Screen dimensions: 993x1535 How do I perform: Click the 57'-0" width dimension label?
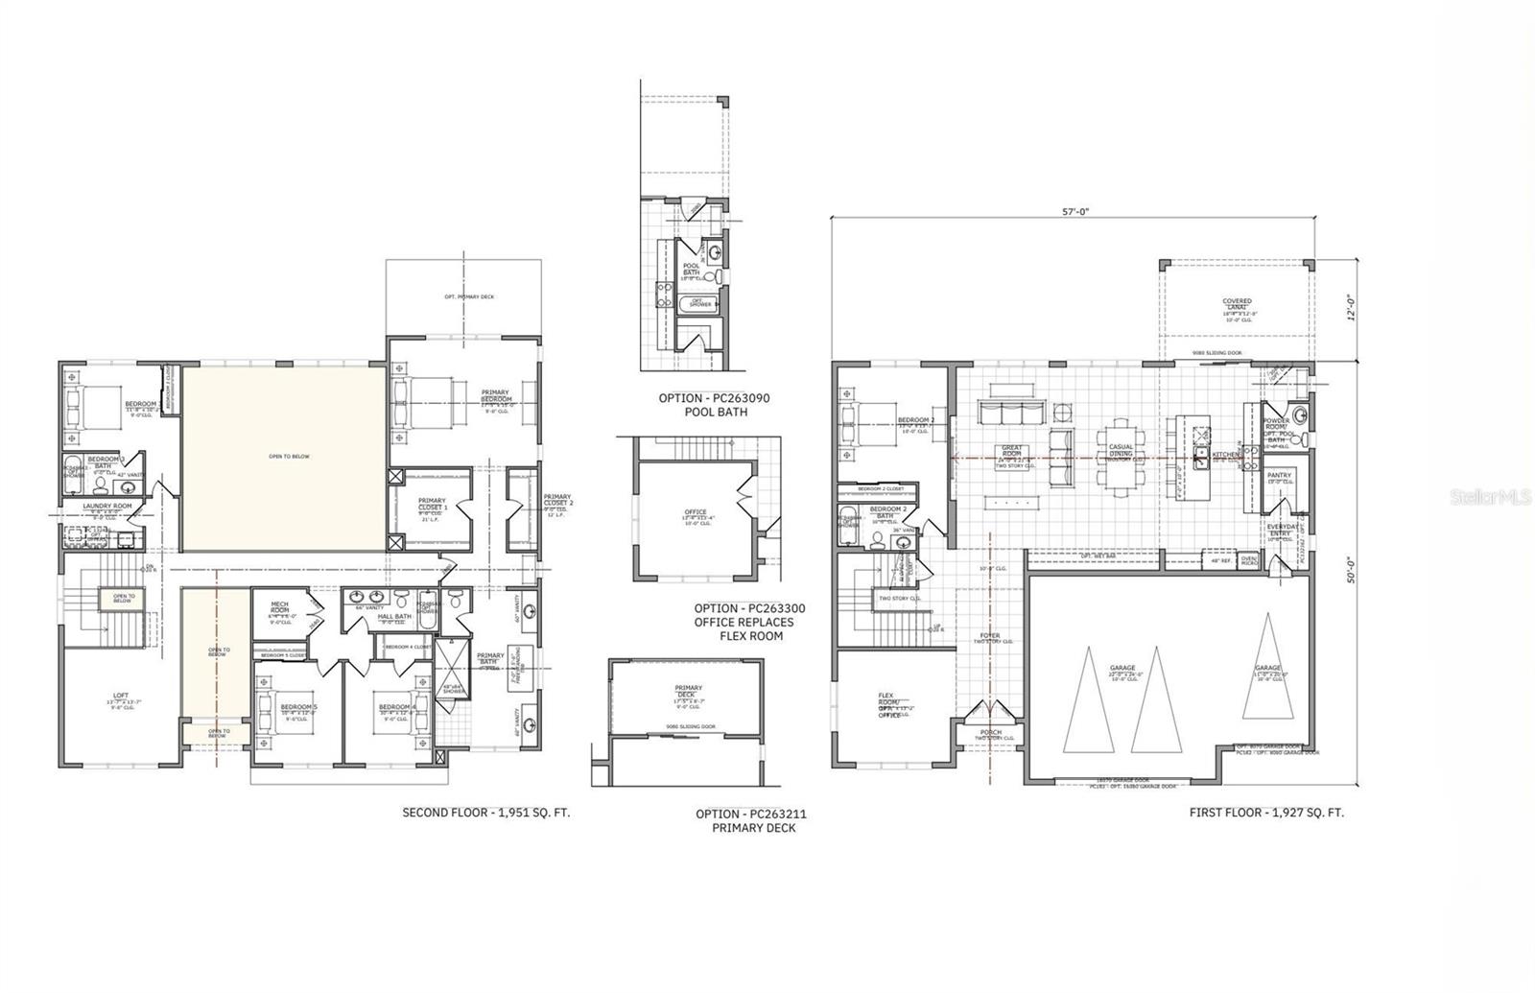pos(1075,212)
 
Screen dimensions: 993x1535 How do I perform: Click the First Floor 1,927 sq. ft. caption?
pos(1266,812)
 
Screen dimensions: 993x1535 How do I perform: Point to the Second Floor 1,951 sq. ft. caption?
pos(485,812)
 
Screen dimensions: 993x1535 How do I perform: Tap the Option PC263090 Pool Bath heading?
pos(714,405)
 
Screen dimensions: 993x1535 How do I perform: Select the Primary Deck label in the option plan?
pos(688,692)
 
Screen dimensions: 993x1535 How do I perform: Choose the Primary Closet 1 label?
pos(432,504)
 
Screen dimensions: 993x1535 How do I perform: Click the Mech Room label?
pos(280,607)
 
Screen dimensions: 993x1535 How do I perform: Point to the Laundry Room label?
pos(106,506)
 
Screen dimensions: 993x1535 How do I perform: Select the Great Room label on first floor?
pos(1012,452)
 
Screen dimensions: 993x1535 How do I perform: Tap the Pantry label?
pos(1279,476)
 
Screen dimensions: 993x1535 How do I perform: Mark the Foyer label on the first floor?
pos(989,635)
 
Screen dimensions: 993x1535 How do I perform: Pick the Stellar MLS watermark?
pos(1490,497)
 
